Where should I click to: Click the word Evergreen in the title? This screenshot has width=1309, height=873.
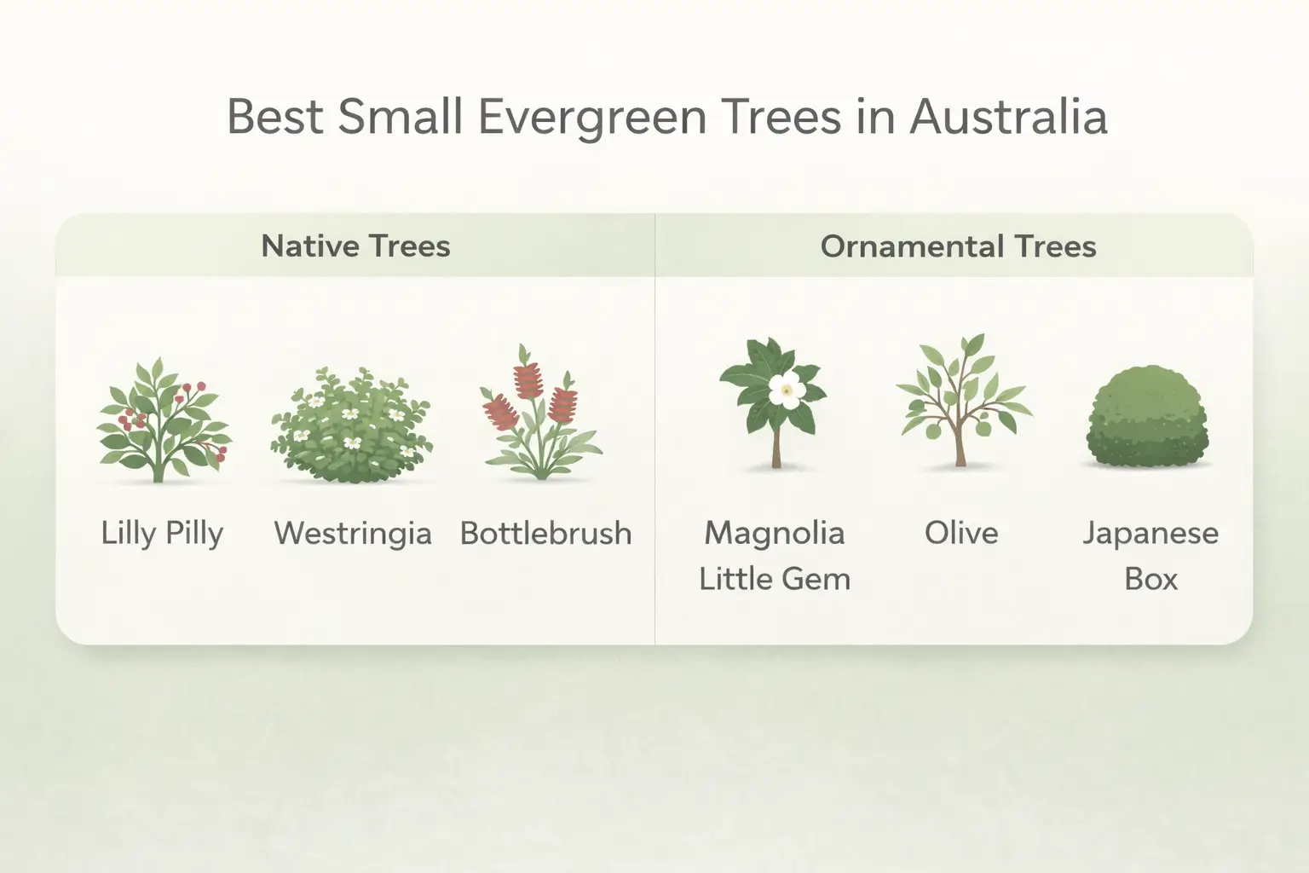(x=591, y=117)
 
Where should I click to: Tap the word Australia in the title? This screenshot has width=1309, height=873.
(x=1008, y=117)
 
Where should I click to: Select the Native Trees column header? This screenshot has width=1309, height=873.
(x=355, y=246)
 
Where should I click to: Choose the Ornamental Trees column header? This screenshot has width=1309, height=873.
(x=958, y=246)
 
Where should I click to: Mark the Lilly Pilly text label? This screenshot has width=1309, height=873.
(x=162, y=534)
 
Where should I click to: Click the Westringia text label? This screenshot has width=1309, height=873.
(x=352, y=534)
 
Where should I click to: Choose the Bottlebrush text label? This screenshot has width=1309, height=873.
(x=545, y=534)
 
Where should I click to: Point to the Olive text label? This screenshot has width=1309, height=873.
(x=961, y=533)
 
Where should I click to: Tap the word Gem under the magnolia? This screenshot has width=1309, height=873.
(x=819, y=580)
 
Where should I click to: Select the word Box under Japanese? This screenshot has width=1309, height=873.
(x=1150, y=580)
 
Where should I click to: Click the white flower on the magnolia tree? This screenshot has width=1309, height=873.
(x=783, y=390)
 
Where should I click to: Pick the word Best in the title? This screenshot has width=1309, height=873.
(x=274, y=117)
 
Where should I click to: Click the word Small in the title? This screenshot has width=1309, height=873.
(x=401, y=117)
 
